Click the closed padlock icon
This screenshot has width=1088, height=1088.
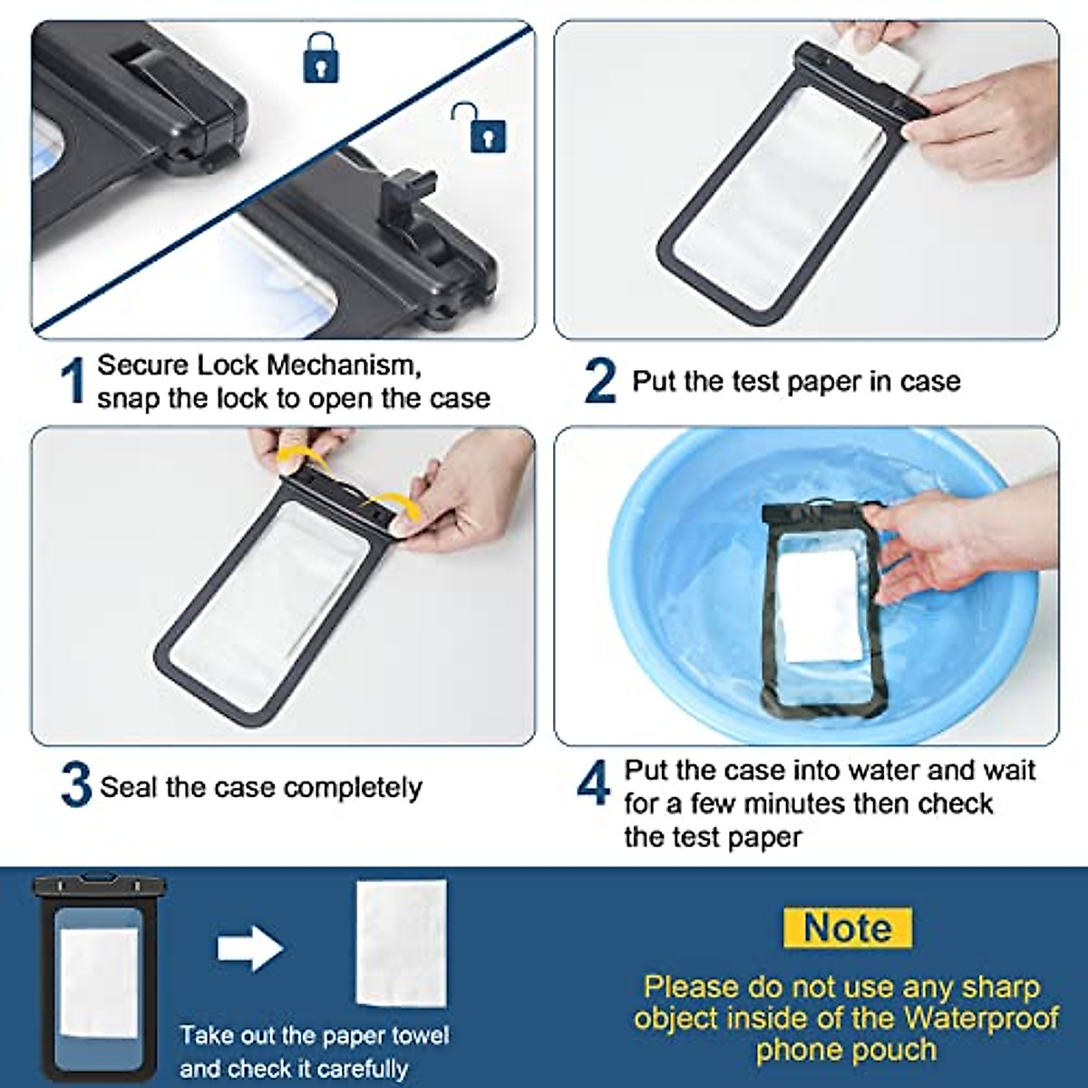[x=321, y=58]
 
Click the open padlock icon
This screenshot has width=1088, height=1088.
[x=481, y=128]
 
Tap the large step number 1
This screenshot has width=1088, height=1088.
[x=73, y=381]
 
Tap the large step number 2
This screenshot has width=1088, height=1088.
[x=599, y=382]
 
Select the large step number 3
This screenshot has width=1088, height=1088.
[x=76, y=785]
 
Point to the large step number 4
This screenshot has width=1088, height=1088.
[x=594, y=782]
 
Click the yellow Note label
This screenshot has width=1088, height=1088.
[x=848, y=928]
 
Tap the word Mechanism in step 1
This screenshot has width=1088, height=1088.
[x=344, y=366]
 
